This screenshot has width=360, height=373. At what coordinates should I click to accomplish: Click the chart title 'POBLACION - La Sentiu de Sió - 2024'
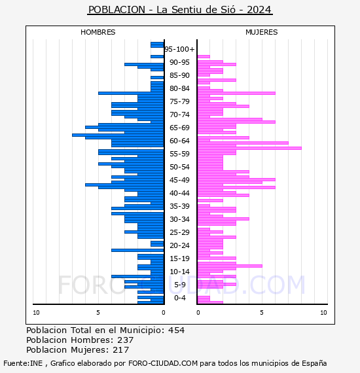click(180, 10)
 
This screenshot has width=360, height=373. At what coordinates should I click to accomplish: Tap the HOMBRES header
click(98, 32)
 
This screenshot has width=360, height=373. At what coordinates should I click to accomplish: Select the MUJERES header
click(262, 32)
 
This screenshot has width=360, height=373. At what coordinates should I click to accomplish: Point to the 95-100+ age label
click(179, 49)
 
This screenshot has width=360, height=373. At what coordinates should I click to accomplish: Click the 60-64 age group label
click(179, 141)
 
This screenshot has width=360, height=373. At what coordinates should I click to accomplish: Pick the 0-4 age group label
click(179, 298)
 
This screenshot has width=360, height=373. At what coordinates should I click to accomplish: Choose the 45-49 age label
click(179, 180)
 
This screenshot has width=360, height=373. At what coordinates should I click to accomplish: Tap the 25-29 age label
click(179, 232)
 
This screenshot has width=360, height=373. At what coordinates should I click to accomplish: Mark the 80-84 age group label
click(179, 88)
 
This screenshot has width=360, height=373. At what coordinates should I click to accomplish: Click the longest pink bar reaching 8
click(249, 148)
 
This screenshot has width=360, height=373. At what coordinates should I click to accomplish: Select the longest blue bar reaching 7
click(118, 135)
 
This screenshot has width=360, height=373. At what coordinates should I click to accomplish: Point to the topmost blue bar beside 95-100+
click(157, 44)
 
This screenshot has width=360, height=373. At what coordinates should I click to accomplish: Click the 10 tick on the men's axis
click(36, 313)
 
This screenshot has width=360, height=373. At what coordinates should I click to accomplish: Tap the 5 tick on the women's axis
click(262, 313)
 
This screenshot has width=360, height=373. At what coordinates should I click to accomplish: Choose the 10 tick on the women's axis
click(323, 313)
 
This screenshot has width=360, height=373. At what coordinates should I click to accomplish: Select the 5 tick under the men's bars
click(98, 313)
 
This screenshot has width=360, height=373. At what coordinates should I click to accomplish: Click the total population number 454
click(176, 330)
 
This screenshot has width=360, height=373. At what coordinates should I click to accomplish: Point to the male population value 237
click(126, 340)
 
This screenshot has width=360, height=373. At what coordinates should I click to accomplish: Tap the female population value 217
click(121, 350)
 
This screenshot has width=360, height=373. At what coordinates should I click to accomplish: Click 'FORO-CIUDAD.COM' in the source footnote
click(163, 363)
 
